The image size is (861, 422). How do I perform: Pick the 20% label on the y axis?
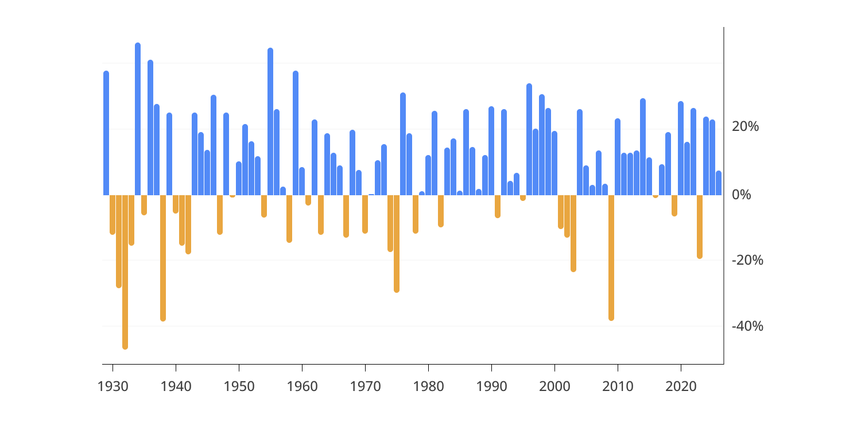(745, 127)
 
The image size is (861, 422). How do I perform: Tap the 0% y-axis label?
(742, 195)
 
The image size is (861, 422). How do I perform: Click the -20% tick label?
(747, 260)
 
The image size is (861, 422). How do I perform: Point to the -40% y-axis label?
(747, 326)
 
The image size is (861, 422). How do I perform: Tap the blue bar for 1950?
(239, 179)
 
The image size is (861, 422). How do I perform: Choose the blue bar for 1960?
(302, 181)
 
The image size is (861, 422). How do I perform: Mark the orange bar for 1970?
(365, 214)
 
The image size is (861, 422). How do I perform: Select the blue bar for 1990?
(491, 151)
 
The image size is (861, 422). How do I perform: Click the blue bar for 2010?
(618, 157)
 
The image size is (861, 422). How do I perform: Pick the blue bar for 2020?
(681, 148)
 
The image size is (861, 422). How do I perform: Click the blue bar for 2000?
(554, 163)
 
